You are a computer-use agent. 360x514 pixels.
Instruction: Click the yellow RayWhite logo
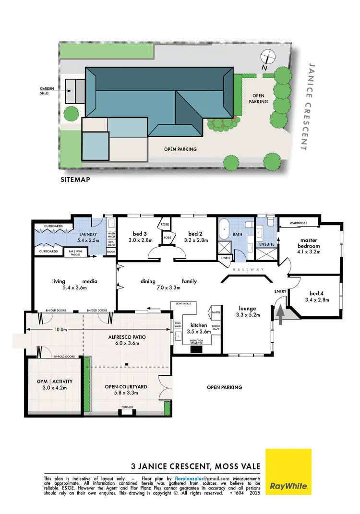coord(288,471)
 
